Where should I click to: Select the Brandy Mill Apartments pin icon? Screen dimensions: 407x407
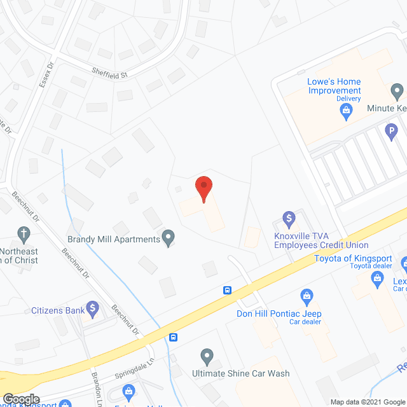pos(169,238)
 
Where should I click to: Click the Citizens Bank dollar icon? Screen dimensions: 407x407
pos(93,310)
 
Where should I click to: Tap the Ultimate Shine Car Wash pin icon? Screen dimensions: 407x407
pos(206,356)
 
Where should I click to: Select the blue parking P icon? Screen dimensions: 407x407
pos(391,133)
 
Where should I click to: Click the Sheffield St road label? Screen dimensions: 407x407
pos(109,73)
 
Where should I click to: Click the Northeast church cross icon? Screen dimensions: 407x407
pos(24,233)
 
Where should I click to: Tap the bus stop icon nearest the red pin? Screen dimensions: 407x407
pos(226,291)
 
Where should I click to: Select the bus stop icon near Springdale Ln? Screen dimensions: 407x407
pos(172,337)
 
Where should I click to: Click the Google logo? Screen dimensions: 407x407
pos(21,399)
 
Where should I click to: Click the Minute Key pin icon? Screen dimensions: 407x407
pos(397,93)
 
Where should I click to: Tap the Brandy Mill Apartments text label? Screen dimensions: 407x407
pos(114,239)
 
